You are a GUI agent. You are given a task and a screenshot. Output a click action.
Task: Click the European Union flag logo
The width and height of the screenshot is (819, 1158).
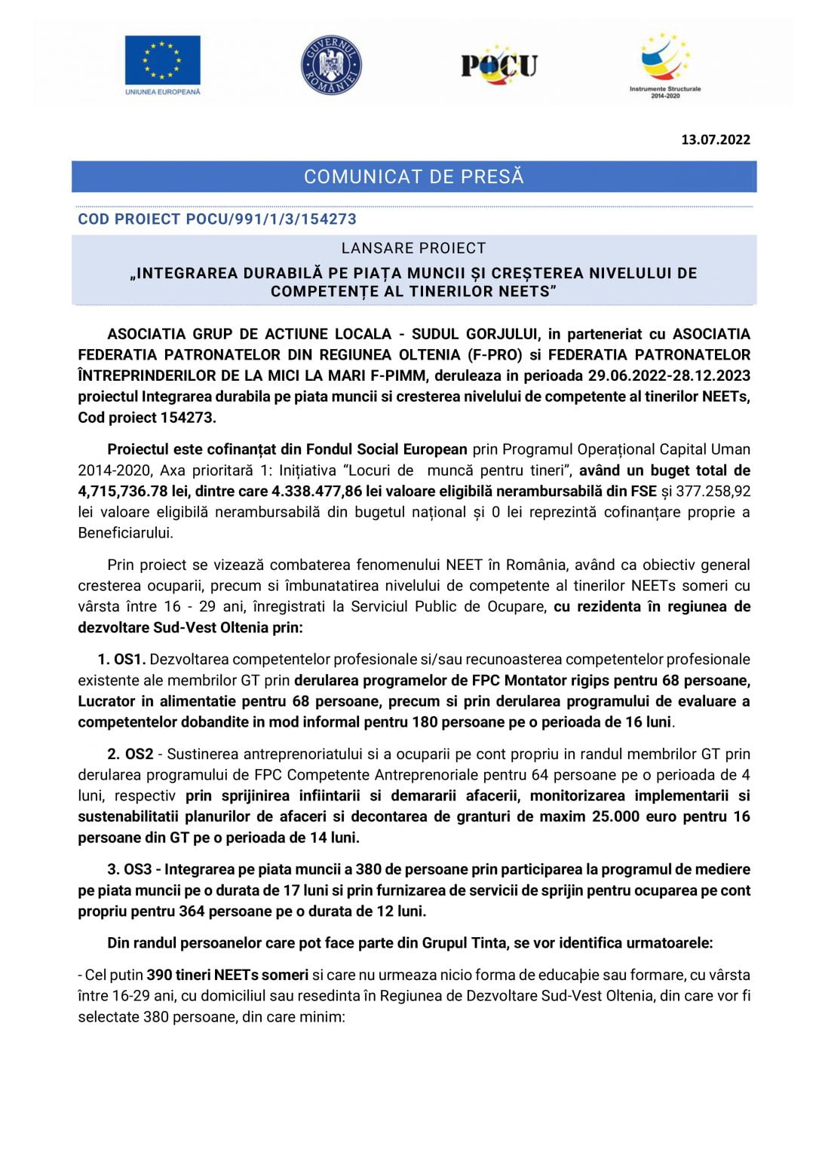(x=162, y=60)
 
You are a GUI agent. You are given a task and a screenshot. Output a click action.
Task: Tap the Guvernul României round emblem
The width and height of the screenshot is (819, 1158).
(x=331, y=65)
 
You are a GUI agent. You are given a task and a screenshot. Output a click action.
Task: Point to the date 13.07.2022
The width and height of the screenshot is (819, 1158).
(x=715, y=139)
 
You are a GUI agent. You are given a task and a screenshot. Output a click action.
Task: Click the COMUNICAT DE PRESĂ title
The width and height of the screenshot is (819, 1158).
(x=413, y=177)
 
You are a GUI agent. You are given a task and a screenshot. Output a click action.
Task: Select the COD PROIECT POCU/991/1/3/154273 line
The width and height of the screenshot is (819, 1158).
(x=217, y=219)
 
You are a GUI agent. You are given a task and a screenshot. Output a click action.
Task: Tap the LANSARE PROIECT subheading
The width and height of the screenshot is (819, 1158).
(x=413, y=248)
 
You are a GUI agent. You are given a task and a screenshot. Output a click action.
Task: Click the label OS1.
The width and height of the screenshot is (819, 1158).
(x=130, y=660)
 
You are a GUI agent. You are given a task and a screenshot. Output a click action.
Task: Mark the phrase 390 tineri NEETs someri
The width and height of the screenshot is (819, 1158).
(x=228, y=975)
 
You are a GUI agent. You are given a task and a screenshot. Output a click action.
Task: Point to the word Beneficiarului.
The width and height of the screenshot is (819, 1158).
(x=125, y=533)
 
